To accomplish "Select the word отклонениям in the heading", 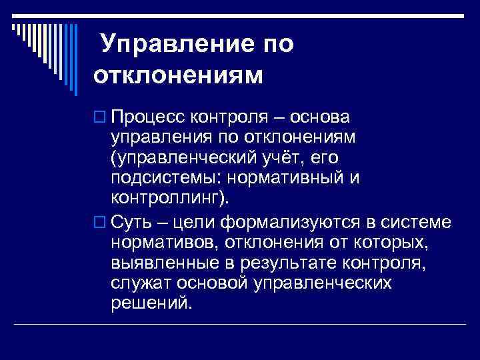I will pyautogui.click(x=178, y=73).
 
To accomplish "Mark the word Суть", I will pyautogui.click(x=133, y=221).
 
